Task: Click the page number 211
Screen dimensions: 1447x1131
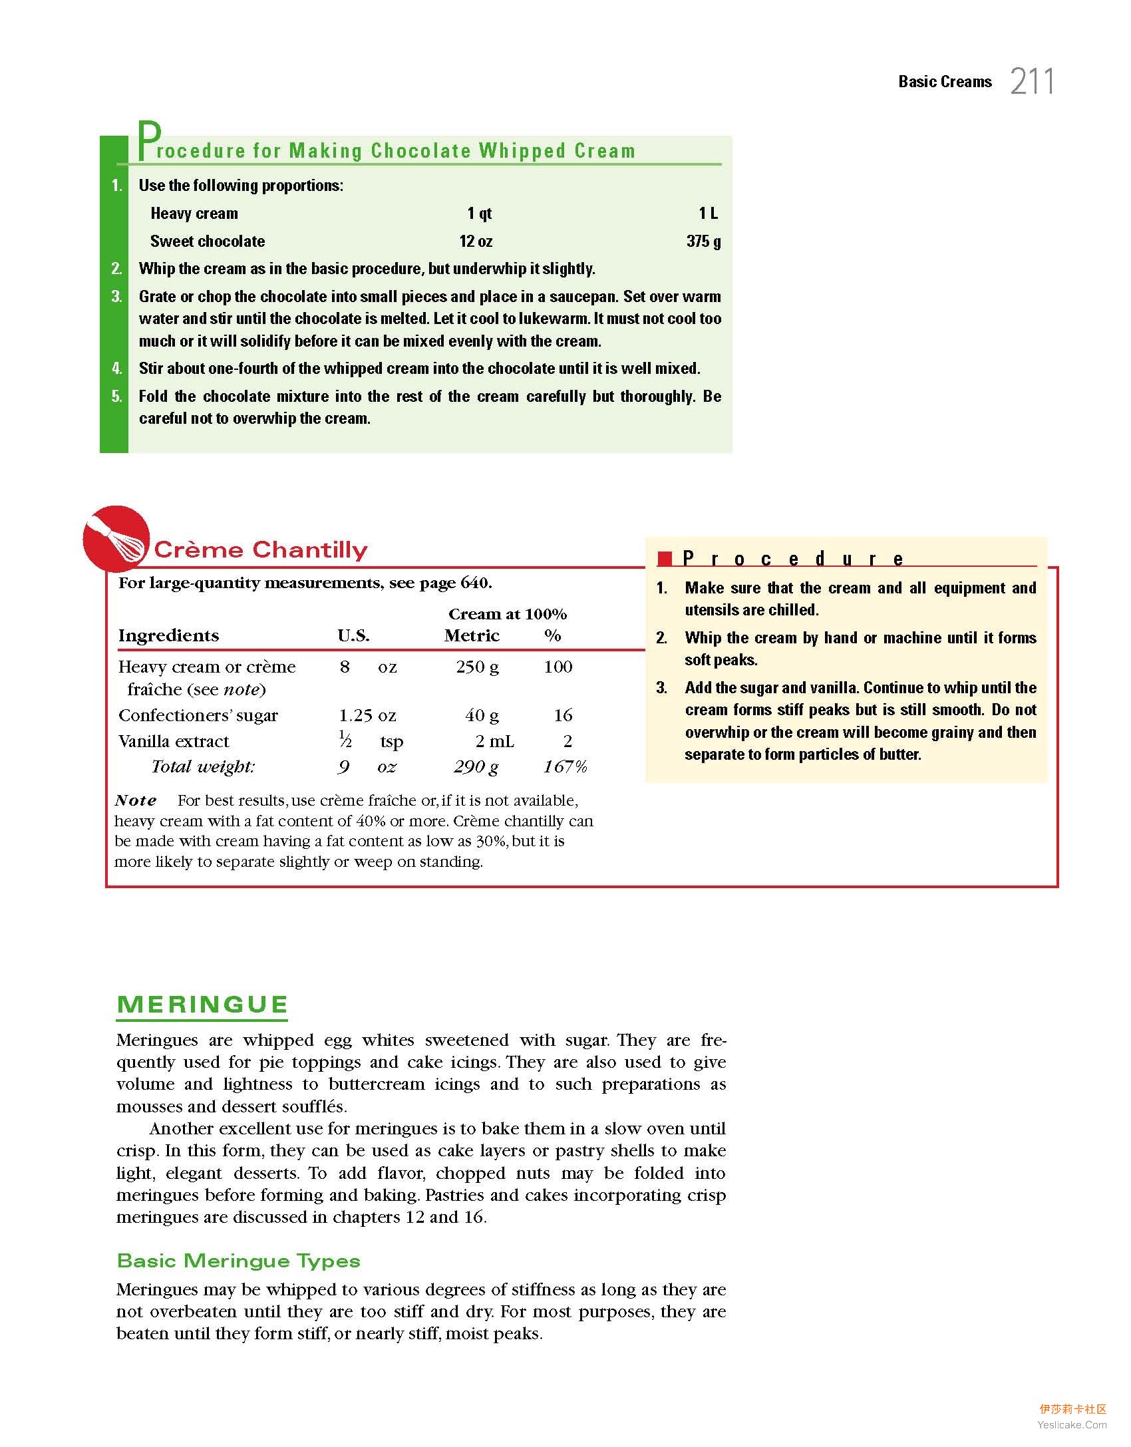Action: coord(1032,82)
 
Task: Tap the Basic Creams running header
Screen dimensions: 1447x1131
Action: coord(945,82)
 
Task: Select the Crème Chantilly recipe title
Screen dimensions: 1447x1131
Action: coord(261,550)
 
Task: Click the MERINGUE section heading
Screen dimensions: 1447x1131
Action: coord(202,1005)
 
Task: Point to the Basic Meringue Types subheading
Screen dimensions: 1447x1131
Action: coord(239,1261)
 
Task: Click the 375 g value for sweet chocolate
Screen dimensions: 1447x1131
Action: coord(703,241)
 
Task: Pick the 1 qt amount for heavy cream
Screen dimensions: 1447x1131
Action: coord(479,213)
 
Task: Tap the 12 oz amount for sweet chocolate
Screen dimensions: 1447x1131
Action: coord(476,241)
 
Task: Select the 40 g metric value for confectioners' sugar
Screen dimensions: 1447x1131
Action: coord(482,715)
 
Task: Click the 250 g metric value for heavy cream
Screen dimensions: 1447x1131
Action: coord(477,667)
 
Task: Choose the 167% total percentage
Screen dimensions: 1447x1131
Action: coord(565,767)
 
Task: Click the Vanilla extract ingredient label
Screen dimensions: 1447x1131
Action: coord(174,741)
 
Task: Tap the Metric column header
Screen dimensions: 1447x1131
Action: coord(472,635)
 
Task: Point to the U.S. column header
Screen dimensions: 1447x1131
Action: coord(353,635)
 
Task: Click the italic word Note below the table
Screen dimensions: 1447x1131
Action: coord(136,800)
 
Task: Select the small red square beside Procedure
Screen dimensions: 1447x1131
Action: coord(665,559)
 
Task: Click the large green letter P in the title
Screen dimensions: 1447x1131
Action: coord(148,140)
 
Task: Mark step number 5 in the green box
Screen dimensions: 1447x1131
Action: coord(117,397)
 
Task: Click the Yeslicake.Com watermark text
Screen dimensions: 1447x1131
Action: coord(1072,1424)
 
